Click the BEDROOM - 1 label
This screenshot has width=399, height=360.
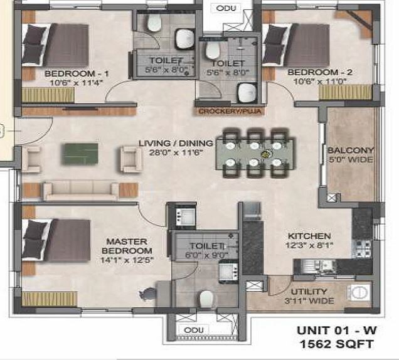click(69, 73)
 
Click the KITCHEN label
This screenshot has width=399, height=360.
click(305, 235)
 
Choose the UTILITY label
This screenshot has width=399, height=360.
click(309, 292)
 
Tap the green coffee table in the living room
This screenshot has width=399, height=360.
click(80, 154)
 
